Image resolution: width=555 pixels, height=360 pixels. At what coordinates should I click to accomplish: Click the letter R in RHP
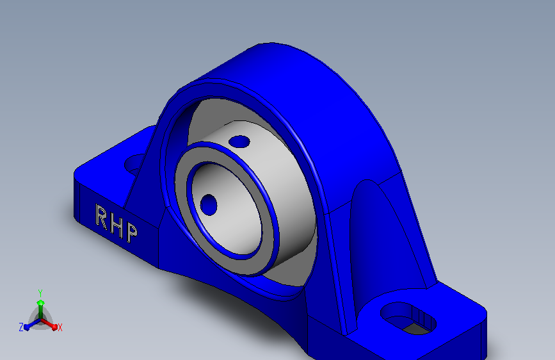pos(101,216)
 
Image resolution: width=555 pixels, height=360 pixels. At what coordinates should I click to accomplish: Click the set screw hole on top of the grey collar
pos(239,141)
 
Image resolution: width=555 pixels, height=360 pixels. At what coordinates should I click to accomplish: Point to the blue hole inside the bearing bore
pos(209,204)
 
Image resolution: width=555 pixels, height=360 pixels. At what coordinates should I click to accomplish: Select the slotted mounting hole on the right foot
pos(408,318)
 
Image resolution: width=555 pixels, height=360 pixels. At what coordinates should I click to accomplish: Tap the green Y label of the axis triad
pos(40,292)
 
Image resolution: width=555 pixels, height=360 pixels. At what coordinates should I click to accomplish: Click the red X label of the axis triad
pos(60,328)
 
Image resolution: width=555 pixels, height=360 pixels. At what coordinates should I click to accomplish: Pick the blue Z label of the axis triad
pos(21,327)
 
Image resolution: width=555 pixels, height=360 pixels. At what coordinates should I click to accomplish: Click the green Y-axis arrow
pos(40,304)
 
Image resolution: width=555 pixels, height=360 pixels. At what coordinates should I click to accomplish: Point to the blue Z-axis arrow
pos(29,325)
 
